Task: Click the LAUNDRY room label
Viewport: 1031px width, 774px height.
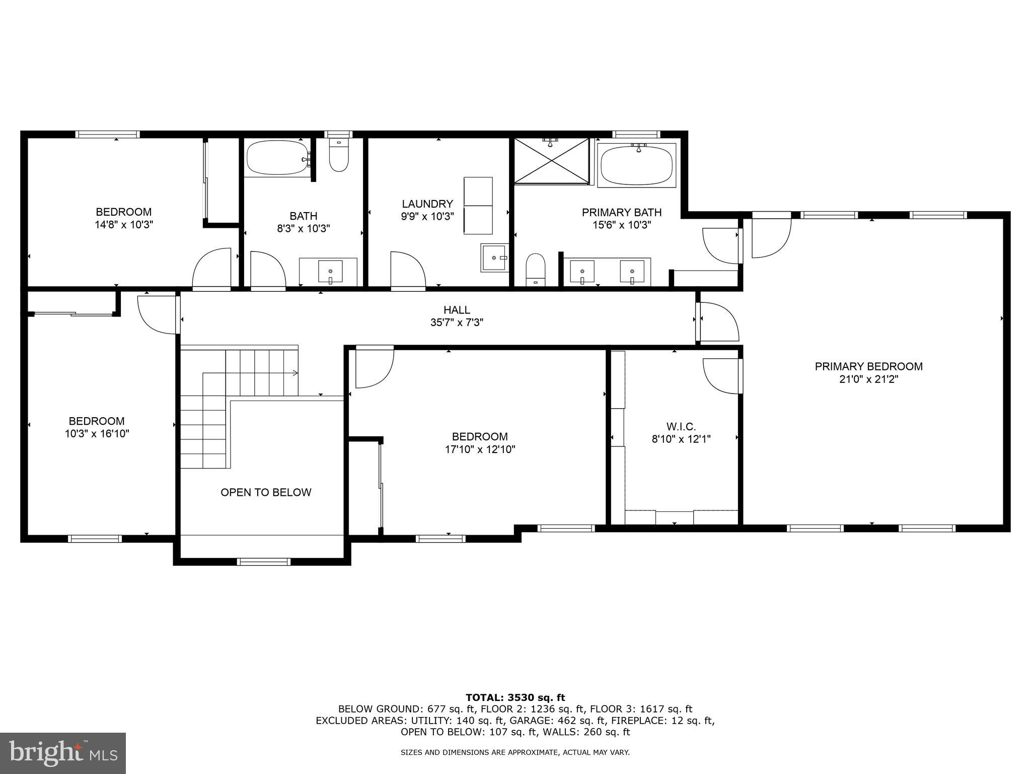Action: click(427, 204)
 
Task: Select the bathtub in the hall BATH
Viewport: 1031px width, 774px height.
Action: click(277, 158)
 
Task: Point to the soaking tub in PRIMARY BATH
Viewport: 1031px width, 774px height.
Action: click(637, 166)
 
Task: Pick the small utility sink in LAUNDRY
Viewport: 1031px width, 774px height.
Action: click(494, 258)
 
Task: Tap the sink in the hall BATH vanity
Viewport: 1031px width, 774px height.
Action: click(330, 272)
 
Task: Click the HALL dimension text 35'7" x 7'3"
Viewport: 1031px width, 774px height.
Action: click(457, 322)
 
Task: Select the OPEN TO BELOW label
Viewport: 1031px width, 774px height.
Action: click(266, 492)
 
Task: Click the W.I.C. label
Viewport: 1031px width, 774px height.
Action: click(681, 427)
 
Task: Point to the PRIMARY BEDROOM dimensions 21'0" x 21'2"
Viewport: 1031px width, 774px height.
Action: click(868, 379)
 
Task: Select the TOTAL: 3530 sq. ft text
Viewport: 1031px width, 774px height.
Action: click(515, 697)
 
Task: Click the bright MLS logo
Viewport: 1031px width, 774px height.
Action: click(63, 753)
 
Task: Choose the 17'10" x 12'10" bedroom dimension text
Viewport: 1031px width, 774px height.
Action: click(480, 449)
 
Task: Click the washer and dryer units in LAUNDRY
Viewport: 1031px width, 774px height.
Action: click(478, 206)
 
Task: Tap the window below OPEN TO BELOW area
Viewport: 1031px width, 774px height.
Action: click(264, 561)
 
